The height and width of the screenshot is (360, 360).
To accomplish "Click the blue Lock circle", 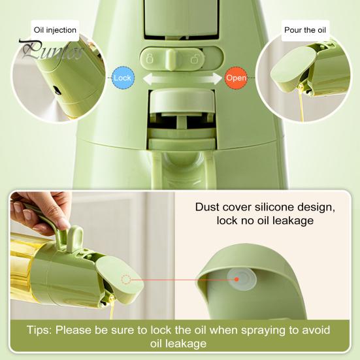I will (122, 77).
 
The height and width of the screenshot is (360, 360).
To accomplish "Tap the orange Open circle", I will (235, 77).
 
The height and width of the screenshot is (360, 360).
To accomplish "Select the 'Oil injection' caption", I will (55, 29).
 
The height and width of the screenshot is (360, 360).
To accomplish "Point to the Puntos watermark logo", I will (50, 50).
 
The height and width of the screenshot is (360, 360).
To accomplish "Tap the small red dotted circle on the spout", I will (127, 279).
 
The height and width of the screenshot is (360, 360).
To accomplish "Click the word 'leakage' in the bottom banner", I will (186, 343).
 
